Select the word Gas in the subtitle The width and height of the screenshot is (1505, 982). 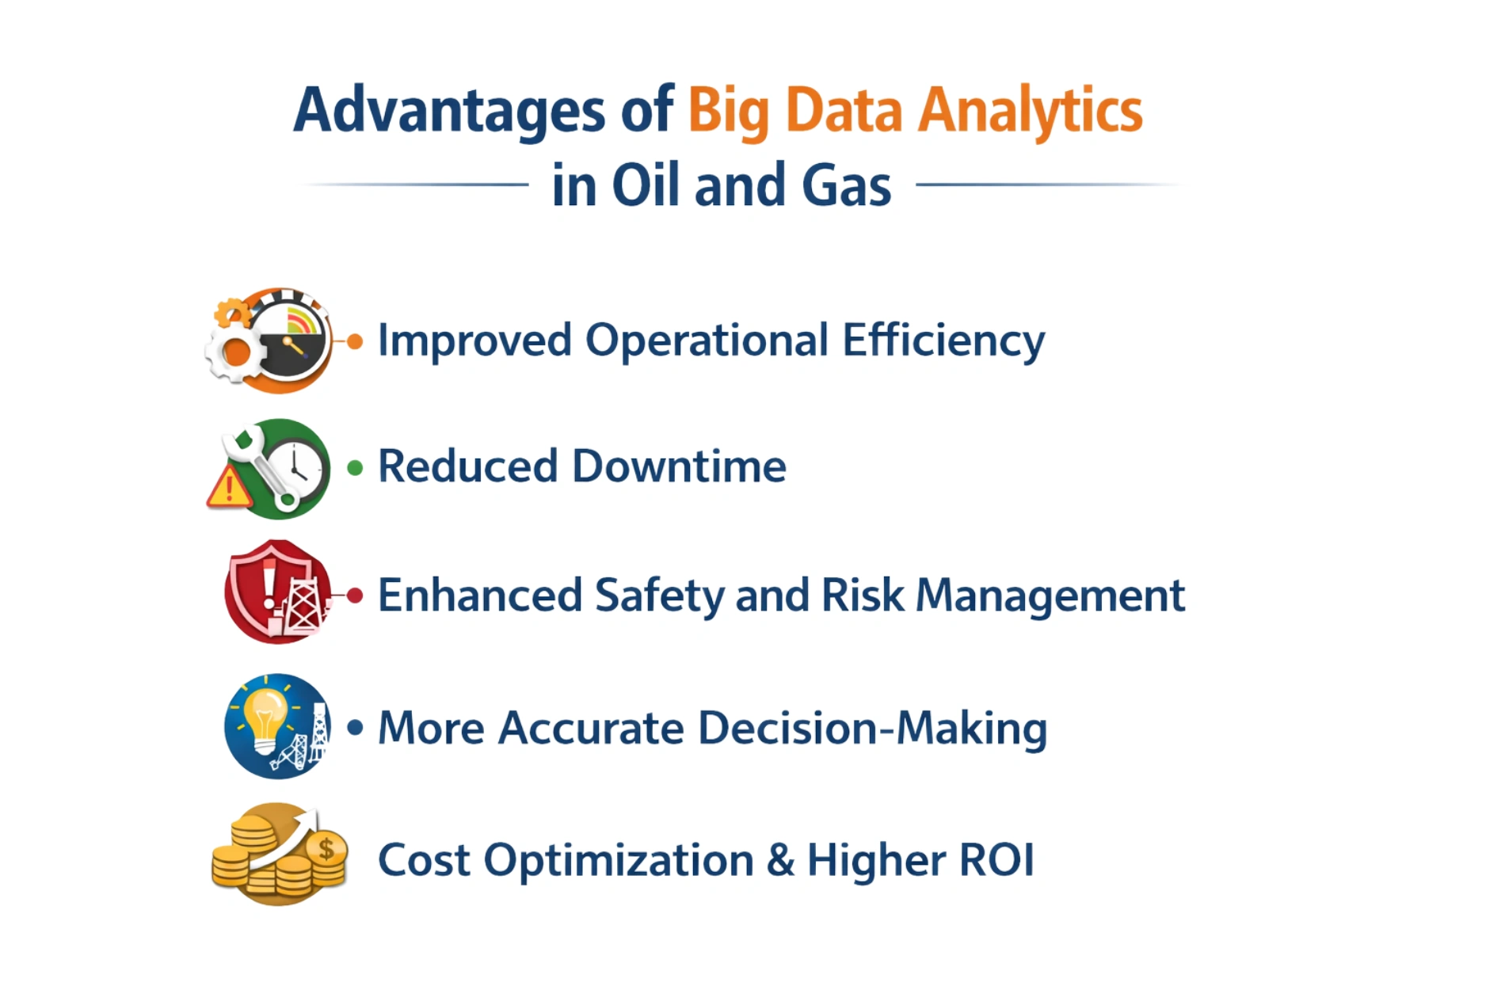[846, 185]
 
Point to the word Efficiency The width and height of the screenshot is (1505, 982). [943, 341]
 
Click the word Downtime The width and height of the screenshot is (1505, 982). [679, 466]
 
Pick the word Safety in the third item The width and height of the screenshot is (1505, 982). [659, 596]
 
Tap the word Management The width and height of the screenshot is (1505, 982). [1050, 596]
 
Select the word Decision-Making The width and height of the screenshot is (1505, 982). [872, 728]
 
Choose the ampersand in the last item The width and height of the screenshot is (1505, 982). [780, 859]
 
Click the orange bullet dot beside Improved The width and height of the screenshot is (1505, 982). [356, 341]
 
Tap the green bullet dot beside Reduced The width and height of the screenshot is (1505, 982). [356, 468]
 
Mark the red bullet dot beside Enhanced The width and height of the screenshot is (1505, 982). [356, 596]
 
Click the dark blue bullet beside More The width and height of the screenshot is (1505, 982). [356, 727]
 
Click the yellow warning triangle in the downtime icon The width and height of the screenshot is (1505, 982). [229, 488]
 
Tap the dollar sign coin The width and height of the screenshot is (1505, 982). [326, 850]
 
